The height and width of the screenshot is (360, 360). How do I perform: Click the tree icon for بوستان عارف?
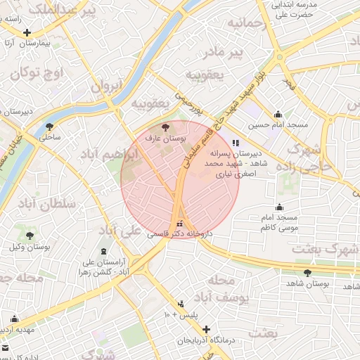pyautogui.click(x=165, y=127)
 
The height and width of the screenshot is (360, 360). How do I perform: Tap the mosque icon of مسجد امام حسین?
pyautogui.click(x=278, y=115)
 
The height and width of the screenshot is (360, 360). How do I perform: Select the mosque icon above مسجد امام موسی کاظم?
pyautogui.click(x=280, y=207)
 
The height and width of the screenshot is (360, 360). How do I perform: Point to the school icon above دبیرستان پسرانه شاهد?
pyautogui.click(x=236, y=142)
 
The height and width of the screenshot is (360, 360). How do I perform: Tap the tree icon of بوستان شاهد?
pyautogui.click(x=307, y=272)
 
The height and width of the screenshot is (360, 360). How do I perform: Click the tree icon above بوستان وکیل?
pyautogui.click(x=30, y=236)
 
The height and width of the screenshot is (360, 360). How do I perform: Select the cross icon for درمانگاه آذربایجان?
pyautogui.click(x=206, y=329)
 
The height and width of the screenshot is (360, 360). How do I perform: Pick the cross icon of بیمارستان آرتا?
pyautogui.click(x=27, y=32)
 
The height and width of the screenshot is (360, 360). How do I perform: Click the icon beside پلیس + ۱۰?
pyautogui.click(x=181, y=304)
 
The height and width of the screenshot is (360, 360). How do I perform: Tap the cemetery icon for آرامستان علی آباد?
pyautogui.click(x=104, y=252)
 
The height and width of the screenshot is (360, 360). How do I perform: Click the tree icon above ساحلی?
pyautogui.click(x=49, y=127)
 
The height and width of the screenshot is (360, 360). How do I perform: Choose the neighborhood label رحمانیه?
pyautogui.click(x=242, y=24)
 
